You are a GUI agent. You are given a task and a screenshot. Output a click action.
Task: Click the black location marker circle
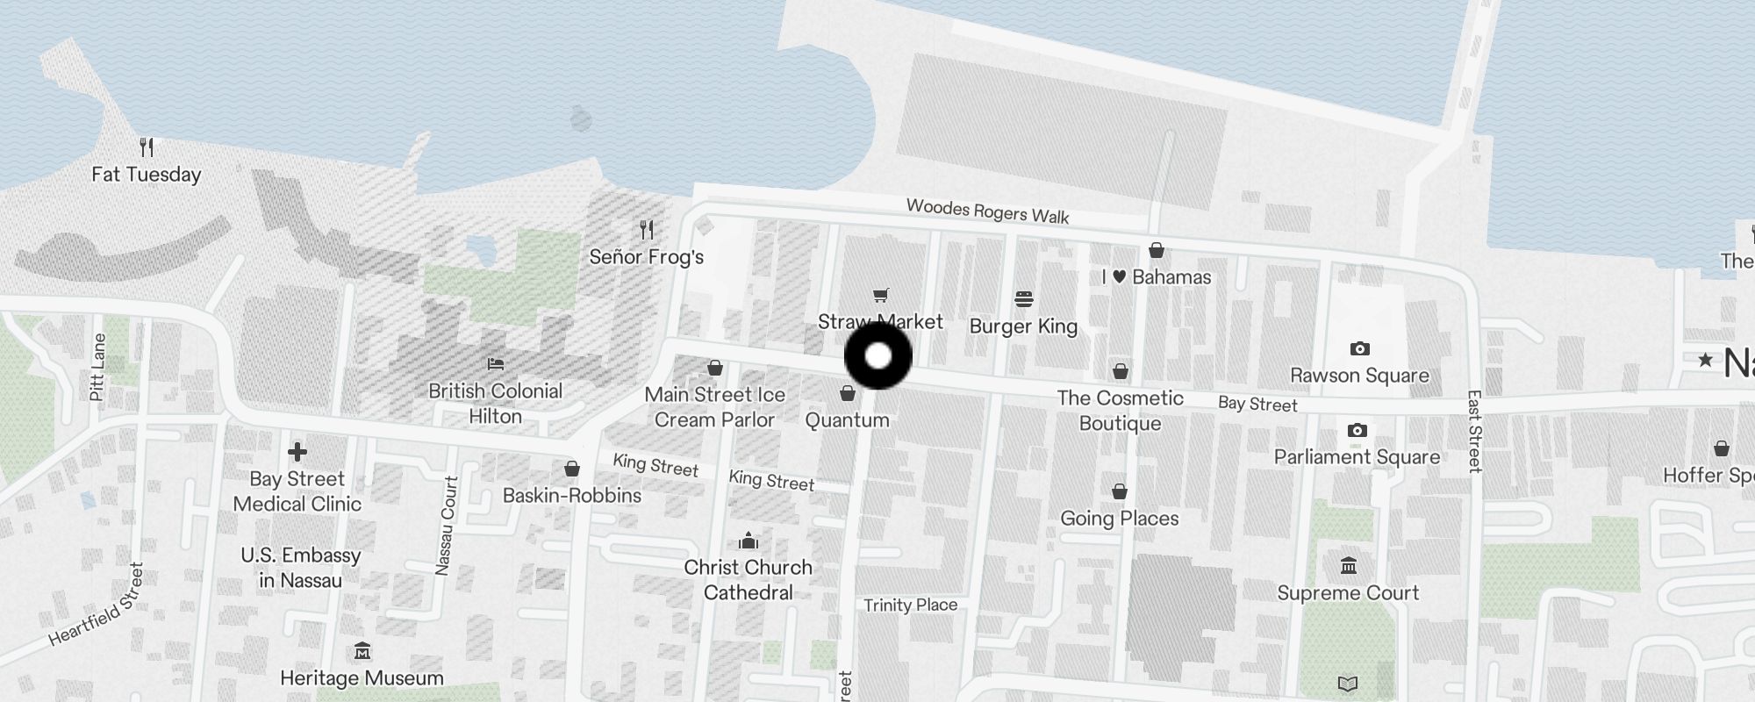pyautogui.click(x=878, y=356)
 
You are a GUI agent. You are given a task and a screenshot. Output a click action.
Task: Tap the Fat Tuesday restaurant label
pyautogui.click(x=147, y=175)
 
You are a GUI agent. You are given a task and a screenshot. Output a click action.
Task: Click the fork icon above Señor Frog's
pyautogui.click(x=647, y=230)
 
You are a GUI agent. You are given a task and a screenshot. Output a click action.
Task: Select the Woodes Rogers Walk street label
pyautogui.click(x=987, y=211)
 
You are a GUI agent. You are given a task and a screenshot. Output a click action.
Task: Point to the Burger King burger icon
pyautogui.click(x=1023, y=299)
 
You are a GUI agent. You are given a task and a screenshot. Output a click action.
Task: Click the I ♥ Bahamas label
pyautogui.click(x=1157, y=277)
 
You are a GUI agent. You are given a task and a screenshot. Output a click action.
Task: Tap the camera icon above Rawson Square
pyautogui.click(x=1359, y=349)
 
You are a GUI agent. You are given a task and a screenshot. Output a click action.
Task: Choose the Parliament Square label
pyautogui.click(x=1357, y=457)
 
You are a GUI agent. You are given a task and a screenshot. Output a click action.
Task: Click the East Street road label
pyautogui.click(x=1475, y=432)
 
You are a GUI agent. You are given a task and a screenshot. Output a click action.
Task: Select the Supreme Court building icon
pyautogui.click(x=1349, y=566)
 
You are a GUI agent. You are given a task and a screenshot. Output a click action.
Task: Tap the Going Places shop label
pyautogui.click(x=1120, y=519)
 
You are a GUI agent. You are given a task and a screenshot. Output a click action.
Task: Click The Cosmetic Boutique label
pyautogui.click(x=1121, y=411)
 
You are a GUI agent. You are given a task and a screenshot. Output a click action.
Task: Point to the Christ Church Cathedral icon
pyautogui.click(x=749, y=540)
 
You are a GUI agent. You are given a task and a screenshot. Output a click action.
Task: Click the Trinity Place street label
pyautogui.click(x=910, y=605)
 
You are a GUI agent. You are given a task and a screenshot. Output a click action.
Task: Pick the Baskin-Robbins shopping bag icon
pyautogui.click(x=572, y=469)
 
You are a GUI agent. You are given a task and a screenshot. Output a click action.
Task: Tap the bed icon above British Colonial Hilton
pyautogui.click(x=496, y=363)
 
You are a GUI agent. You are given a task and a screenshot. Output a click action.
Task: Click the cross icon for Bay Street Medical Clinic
pyautogui.click(x=297, y=452)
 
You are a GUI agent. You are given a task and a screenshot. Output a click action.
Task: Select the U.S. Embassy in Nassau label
pyautogui.click(x=300, y=568)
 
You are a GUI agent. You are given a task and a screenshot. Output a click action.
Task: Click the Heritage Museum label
pyautogui.click(x=362, y=678)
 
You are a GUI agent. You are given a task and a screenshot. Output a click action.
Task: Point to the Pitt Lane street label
pyautogui.click(x=97, y=367)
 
